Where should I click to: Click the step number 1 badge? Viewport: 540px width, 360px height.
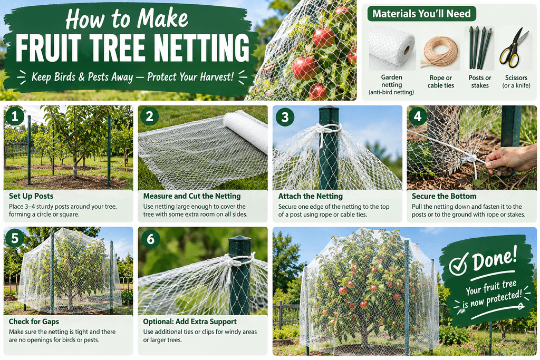[15, 116]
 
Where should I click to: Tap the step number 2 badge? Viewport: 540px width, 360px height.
[149, 116]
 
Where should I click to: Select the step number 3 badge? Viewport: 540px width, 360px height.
[285, 117]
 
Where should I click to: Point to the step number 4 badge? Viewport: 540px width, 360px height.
[418, 116]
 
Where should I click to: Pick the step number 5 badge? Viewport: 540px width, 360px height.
[15, 238]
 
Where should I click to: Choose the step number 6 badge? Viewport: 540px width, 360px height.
[150, 239]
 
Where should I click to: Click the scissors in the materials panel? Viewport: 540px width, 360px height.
[514, 47]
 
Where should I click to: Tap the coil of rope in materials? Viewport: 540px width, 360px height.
[440, 52]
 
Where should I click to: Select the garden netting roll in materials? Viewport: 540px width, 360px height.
[392, 48]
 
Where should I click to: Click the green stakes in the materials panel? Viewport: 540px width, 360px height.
[480, 48]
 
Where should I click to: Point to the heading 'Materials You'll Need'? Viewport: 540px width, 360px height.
[421, 14]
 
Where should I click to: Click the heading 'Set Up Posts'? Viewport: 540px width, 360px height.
[31, 196]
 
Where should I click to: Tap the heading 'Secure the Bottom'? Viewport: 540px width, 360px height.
[444, 196]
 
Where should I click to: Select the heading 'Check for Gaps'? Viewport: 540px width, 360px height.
[34, 322]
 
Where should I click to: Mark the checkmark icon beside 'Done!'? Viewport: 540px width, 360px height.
[458, 264]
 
